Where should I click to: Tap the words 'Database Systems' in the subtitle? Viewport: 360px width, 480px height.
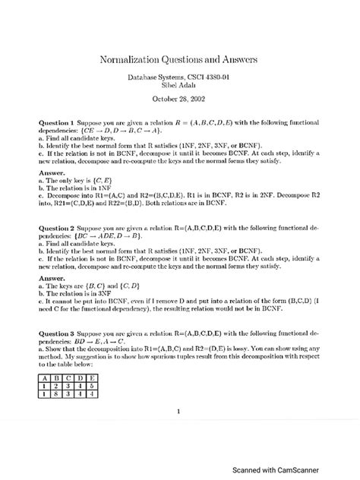click(147, 77)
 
